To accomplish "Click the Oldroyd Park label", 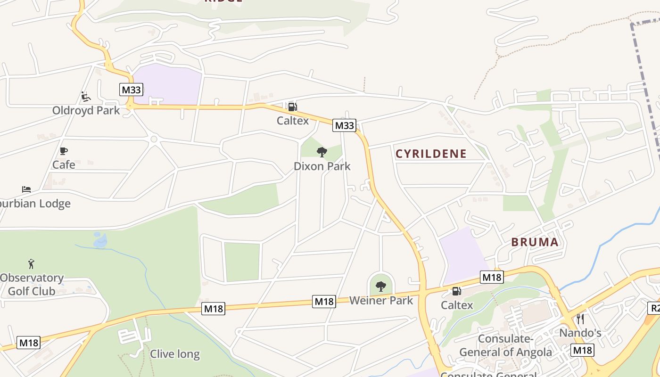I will pos(86,111).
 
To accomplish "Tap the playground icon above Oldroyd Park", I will pos(85,97).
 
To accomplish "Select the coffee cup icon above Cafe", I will pos(64,151).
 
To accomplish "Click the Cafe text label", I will pos(64,164).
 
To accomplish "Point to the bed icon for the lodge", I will pos(26,189).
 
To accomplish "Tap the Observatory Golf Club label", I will pos(32,284).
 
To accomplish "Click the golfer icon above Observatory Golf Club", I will pos(31,263).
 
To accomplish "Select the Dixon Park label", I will pos(322,166).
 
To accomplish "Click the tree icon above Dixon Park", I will pos(322,152).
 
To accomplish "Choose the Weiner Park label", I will pos(381,300).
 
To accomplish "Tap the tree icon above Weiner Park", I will pos(381,286).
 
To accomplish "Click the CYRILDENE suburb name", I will pos(431,154).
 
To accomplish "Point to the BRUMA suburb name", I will pos(535,242).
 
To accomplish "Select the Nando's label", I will pos(580,333).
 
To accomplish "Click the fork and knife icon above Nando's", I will pos(580,319).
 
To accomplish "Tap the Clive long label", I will pos(174,354).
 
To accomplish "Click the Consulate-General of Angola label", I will pos(505,345).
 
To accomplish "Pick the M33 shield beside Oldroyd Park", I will pos(132,90).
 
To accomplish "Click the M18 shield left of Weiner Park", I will pos(324,302).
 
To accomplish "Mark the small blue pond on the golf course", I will pos(100,240).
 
